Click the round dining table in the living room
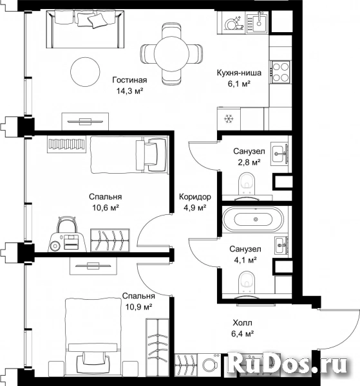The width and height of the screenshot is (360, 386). tap(171, 53)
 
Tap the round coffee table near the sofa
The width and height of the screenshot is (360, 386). tap(85, 72)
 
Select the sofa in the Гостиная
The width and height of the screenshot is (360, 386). tap(86, 29)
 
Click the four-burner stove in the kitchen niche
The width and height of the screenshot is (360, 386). tap(280, 72)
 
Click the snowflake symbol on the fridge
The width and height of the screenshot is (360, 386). tap(229, 119)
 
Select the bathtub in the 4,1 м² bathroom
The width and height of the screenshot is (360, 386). tap(253, 219)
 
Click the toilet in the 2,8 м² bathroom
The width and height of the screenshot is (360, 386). tap(247, 183)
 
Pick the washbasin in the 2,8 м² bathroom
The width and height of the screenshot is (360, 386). tap(279, 154)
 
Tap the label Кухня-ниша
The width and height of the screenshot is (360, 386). tap(239, 73)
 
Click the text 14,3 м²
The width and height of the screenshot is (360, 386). tap(130, 91)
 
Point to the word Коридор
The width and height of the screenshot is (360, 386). tap(195, 197)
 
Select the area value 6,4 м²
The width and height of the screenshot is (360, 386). tap(242, 333)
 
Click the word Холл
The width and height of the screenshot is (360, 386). tap(242, 322)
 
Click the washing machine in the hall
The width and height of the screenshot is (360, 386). tap(210, 365)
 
